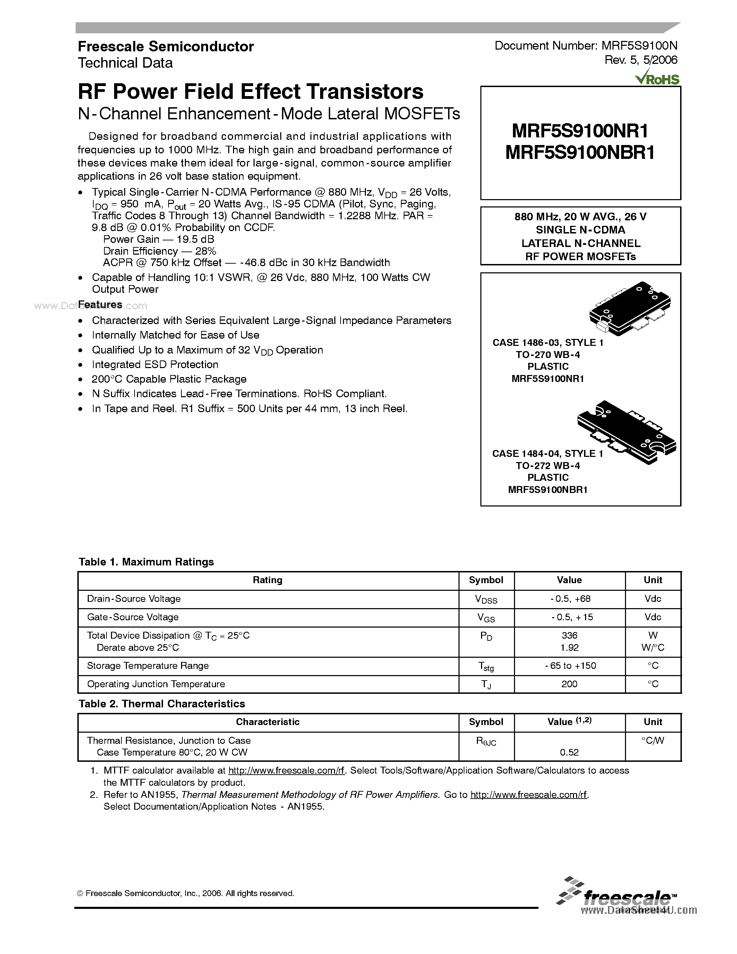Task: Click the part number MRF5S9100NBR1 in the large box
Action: coord(580,153)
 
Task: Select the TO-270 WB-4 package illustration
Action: coord(629,308)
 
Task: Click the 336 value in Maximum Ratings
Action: coord(569,636)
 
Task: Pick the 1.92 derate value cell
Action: coord(569,648)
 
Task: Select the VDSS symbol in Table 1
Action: coord(486,599)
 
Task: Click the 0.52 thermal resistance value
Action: coord(569,752)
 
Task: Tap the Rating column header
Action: coord(268,580)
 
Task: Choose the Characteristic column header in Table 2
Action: coord(268,722)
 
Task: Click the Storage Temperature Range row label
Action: coord(148,666)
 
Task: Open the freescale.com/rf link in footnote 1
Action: coord(286,771)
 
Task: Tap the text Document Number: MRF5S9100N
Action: coord(586,45)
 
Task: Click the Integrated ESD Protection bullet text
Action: coord(155,365)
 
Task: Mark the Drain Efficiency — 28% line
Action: coord(160,251)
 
